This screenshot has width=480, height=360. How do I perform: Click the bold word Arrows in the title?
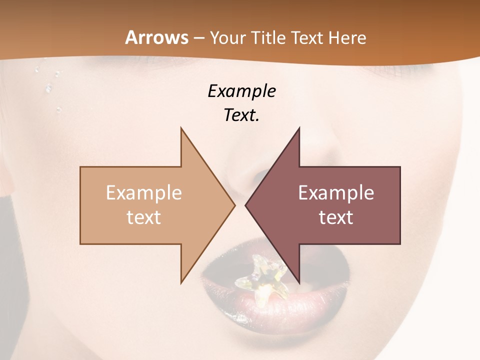157,37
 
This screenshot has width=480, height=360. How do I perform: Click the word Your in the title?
227,37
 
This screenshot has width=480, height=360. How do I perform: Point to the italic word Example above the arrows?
242,91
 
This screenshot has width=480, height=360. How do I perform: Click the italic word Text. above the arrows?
242,115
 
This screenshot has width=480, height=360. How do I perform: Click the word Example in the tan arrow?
144,193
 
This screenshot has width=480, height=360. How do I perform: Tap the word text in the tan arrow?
144,217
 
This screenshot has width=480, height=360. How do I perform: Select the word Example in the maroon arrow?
336,193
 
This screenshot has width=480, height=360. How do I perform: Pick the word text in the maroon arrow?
336,217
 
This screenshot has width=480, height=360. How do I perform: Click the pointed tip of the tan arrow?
234,205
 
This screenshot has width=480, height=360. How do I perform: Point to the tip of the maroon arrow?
246,205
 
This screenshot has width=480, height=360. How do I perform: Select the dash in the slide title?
198,38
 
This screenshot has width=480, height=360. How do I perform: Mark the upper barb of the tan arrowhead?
182,131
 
